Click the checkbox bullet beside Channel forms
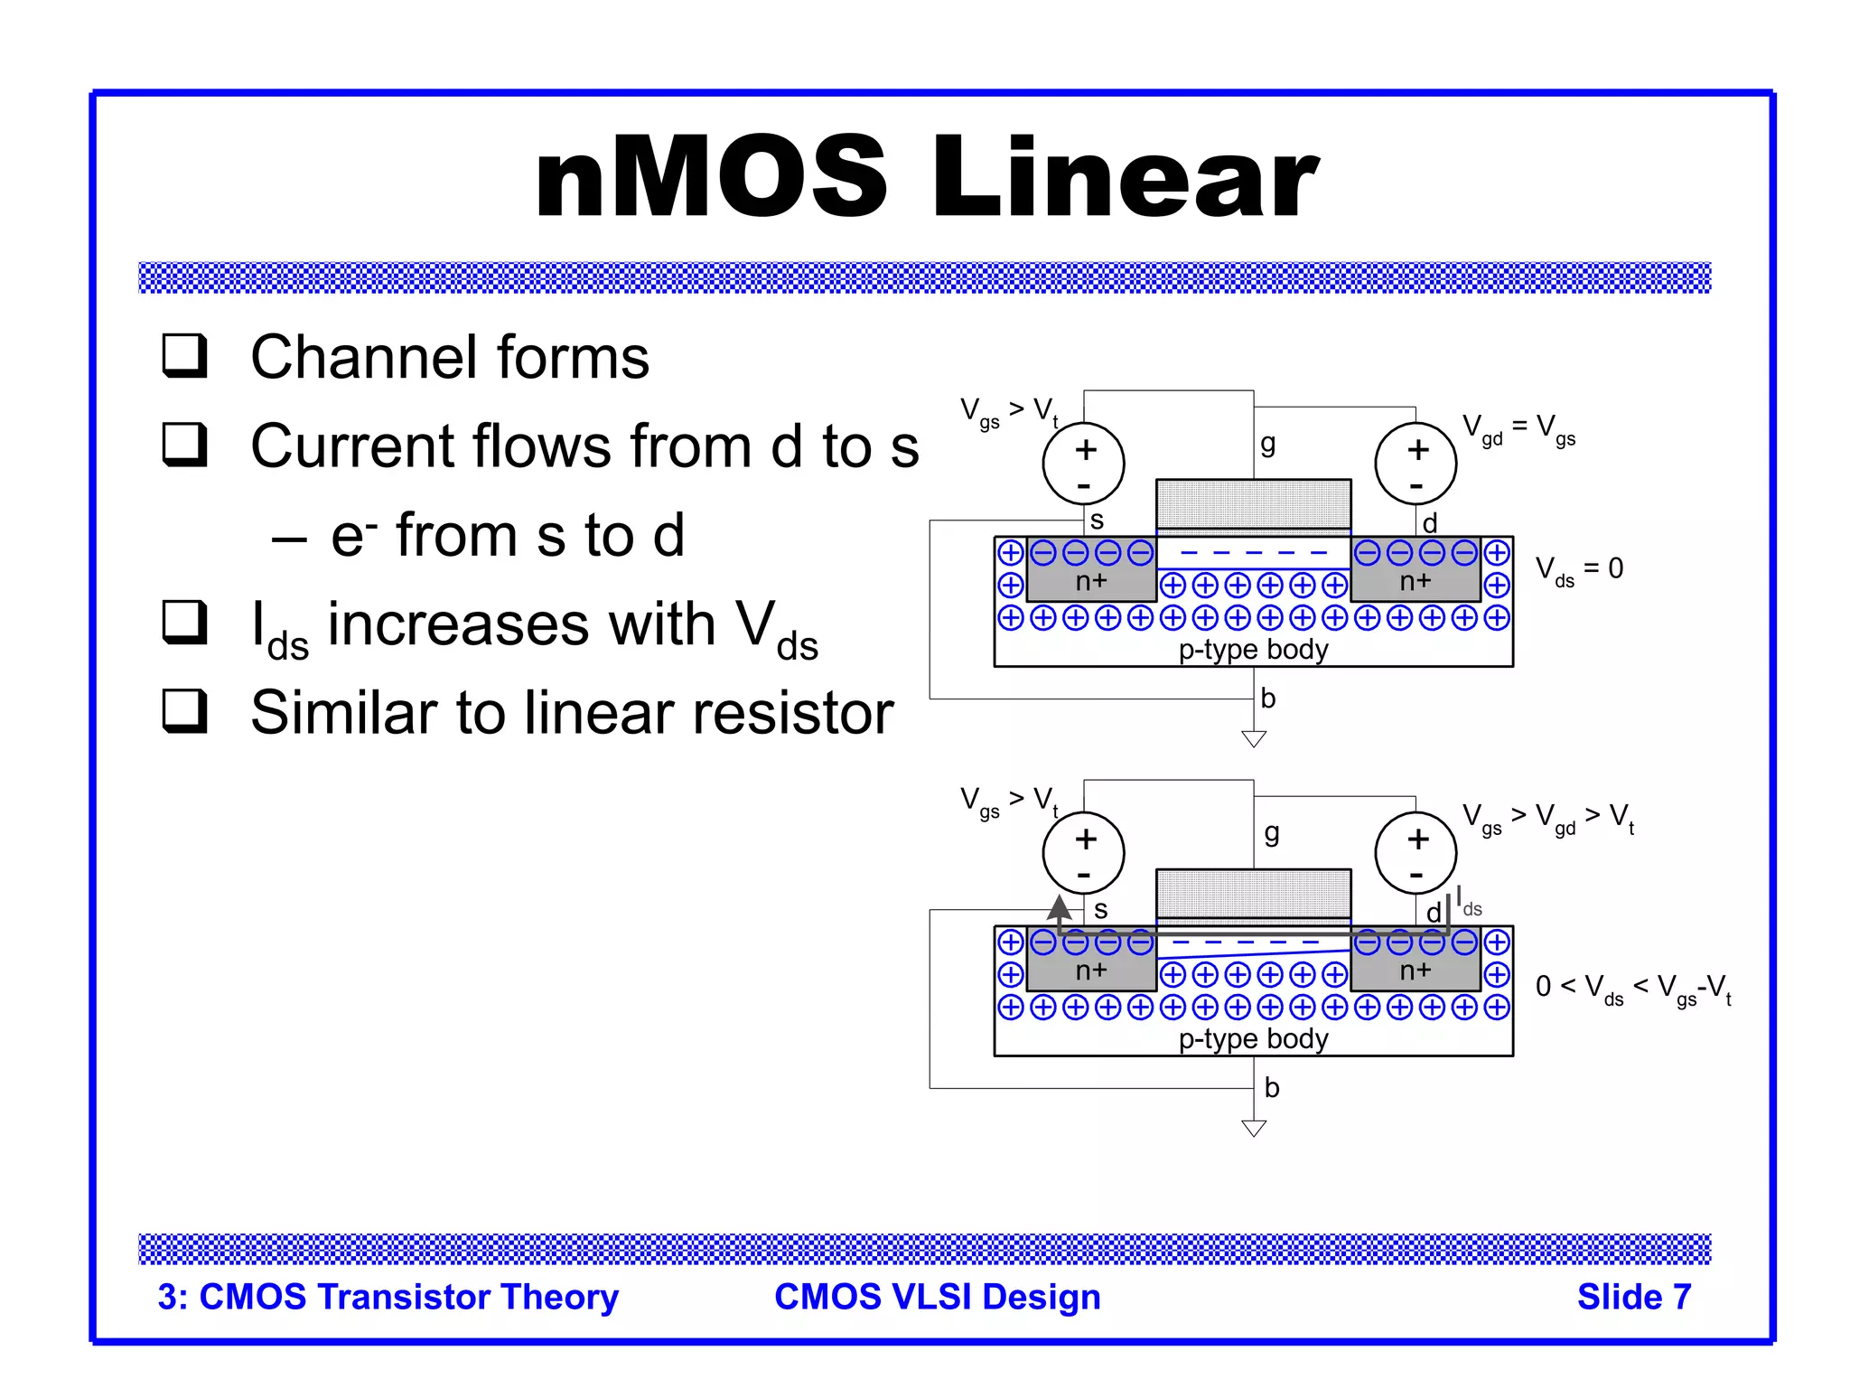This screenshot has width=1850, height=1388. click(185, 355)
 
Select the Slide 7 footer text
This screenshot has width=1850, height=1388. click(1633, 1297)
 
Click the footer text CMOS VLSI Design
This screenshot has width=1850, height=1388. click(937, 1297)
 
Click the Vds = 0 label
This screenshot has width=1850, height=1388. click(1579, 569)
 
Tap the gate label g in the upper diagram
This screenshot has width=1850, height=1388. click(1268, 444)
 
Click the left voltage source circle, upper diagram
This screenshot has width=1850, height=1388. click(1083, 464)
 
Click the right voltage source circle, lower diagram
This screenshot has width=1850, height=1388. click(1416, 852)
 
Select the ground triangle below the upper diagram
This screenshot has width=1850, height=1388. click(1254, 739)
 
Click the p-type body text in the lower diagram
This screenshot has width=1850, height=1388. click(1253, 1038)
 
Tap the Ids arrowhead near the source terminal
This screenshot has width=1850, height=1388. click(1059, 907)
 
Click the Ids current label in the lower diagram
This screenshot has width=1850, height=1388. click(1468, 904)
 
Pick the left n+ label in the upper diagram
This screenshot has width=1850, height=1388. click(1091, 581)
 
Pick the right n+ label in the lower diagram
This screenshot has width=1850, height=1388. click(1416, 971)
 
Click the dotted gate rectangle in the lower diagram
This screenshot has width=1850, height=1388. click(1253, 893)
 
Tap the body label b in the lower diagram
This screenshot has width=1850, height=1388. click(1272, 1087)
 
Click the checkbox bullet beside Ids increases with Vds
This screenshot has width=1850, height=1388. click(185, 623)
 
